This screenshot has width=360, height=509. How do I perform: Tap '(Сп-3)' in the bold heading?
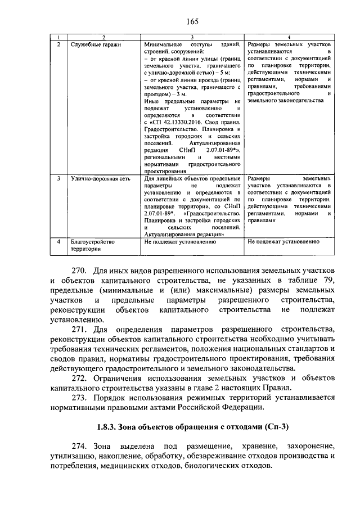tap(273, 426)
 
